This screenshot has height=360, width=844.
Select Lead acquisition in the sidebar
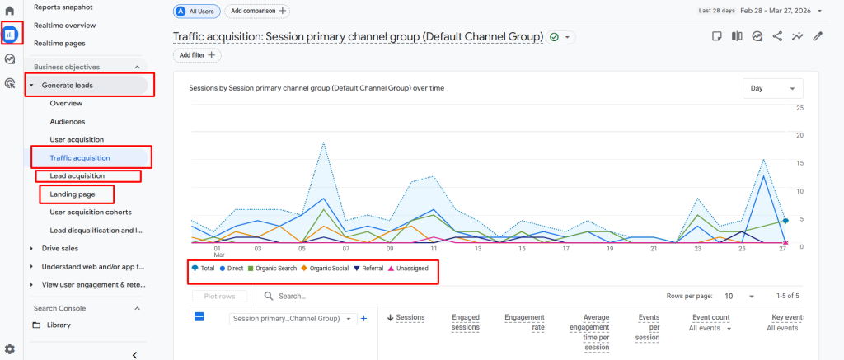click(x=77, y=176)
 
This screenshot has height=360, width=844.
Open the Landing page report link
click(x=72, y=194)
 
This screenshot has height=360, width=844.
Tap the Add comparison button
click(x=258, y=11)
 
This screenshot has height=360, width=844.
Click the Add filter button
click(x=197, y=55)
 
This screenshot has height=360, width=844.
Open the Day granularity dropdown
click(x=772, y=88)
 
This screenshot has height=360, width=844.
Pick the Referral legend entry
click(x=368, y=269)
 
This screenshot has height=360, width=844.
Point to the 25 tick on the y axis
click(x=799, y=108)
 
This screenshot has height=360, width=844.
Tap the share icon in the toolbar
click(x=777, y=36)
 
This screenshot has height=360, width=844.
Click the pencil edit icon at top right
click(x=818, y=36)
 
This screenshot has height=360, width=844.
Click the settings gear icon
click(x=10, y=349)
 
